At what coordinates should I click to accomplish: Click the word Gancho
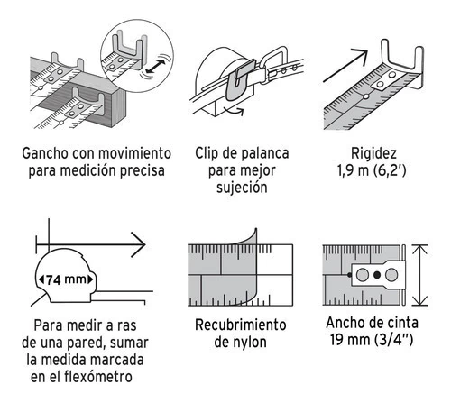point(45,153)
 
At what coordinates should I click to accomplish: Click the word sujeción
point(242,188)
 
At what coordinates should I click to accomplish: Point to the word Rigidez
point(373,153)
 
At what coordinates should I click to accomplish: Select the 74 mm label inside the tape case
point(66,279)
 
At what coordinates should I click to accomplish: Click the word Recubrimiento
point(241,325)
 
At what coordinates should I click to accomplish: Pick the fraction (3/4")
point(394,340)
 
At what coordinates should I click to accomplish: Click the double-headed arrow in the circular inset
point(156,66)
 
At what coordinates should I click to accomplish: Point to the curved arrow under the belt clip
point(235,111)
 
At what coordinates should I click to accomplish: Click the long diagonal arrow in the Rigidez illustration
point(345,66)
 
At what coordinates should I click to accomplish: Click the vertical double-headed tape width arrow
point(420,275)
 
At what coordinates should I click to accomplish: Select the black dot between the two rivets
point(377,275)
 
